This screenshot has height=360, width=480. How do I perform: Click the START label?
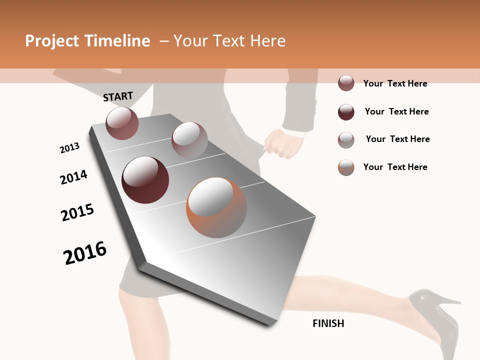[118, 96]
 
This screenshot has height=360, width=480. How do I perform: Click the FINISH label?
[328, 323]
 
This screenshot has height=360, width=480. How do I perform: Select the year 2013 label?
[69, 148]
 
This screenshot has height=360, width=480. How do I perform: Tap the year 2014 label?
[73, 177]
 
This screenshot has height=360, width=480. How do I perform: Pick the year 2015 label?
[77, 212]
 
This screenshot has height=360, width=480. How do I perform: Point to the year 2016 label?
[85, 253]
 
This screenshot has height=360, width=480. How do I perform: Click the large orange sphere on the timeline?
[216, 207]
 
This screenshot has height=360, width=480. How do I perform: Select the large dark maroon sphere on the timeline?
[145, 180]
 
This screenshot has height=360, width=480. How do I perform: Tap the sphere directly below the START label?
[122, 123]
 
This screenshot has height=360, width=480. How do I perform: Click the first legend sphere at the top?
[346, 83]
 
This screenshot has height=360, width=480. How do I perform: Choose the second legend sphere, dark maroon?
[346, 111]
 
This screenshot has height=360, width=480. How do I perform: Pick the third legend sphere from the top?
[346, 139]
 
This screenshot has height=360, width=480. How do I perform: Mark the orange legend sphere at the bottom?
[346, 167]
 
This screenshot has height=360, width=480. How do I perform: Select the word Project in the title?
[52, 41]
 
